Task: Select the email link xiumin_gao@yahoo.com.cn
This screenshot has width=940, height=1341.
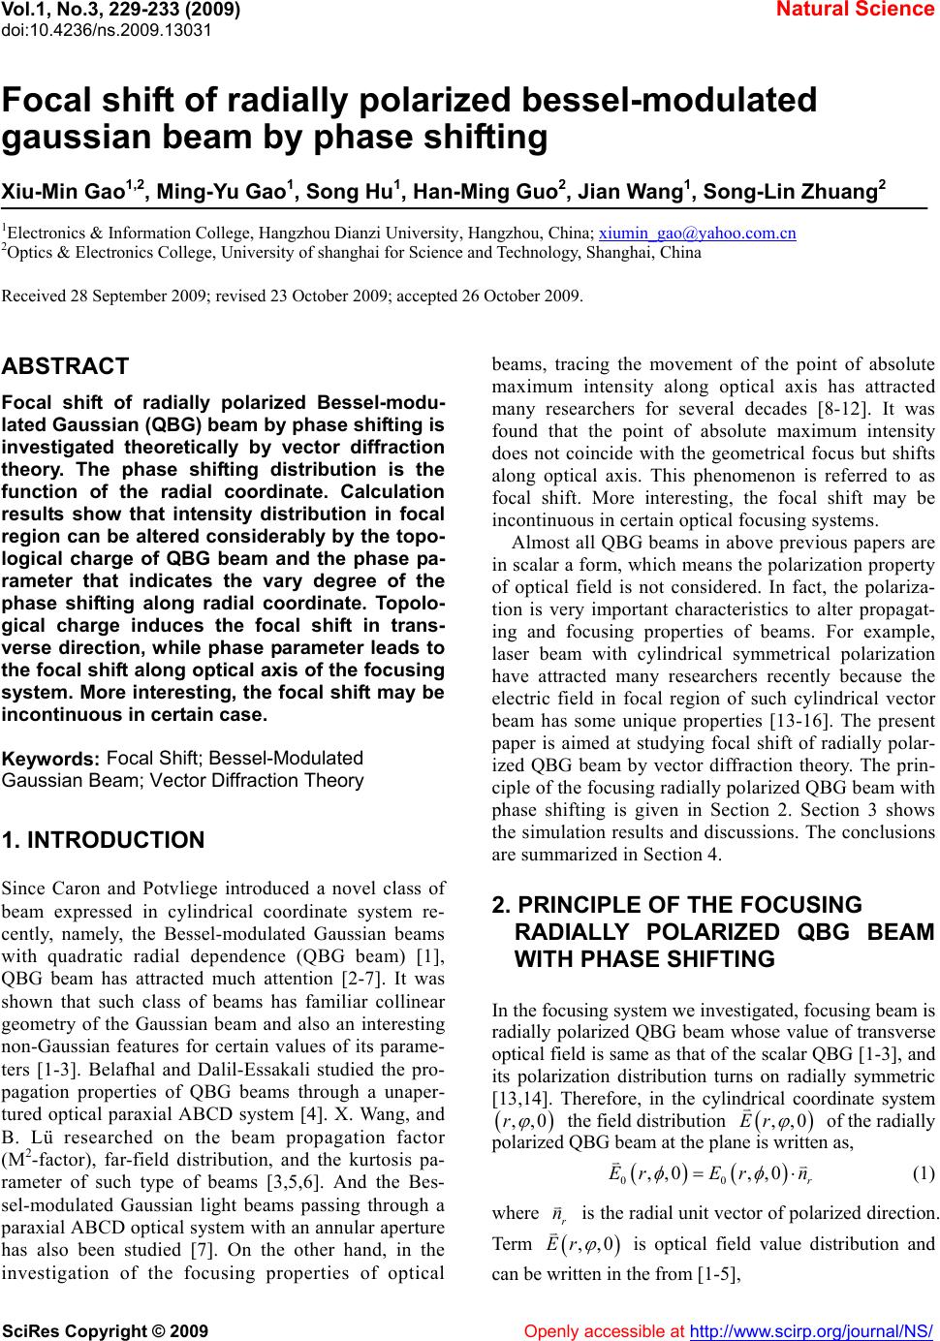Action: (698, 234)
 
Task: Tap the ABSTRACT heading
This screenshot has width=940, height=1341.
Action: (66, 366)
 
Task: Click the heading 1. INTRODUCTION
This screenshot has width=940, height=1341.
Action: (104, 840)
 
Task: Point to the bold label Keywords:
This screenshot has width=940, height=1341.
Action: (52, 760)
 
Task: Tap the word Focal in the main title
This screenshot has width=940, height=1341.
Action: (54, 100)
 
